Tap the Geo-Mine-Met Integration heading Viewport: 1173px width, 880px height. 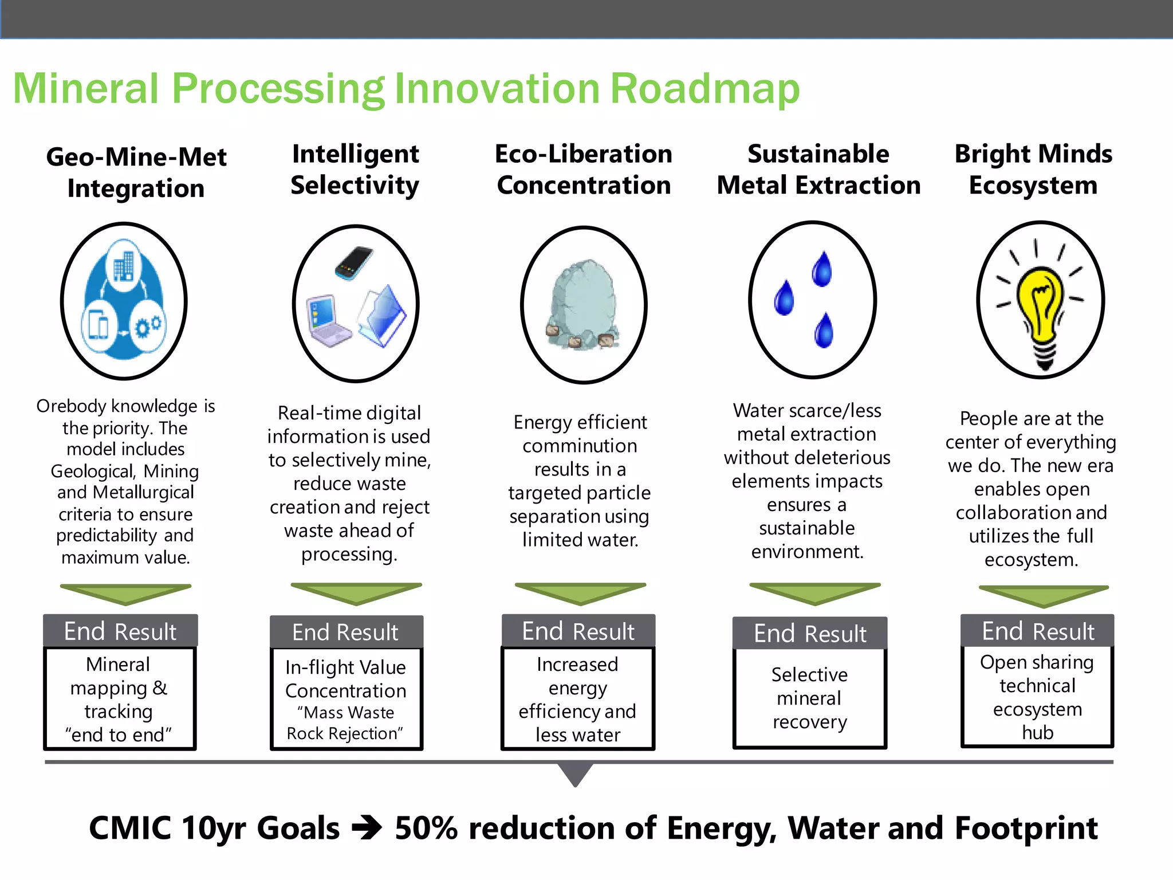coord(136,172)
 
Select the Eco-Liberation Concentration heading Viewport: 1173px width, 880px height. coord(583,170)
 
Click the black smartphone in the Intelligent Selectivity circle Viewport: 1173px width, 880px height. coord(355,263)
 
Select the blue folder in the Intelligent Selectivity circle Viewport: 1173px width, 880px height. coord(383,315)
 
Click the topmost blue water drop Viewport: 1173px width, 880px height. coord(822,269)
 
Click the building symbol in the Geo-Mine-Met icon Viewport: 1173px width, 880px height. coord(124,266)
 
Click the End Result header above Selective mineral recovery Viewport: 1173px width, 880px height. coord(810,634)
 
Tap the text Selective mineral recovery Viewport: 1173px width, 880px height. coord(809,698)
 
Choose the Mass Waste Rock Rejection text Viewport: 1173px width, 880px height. coord(345,723)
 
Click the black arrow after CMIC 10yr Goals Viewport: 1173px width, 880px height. coord(367,828)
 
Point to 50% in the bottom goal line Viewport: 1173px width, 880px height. coord(426,828)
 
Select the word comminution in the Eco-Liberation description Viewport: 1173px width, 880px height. coord(580,446)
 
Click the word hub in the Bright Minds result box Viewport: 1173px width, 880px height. coord(1037,733)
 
